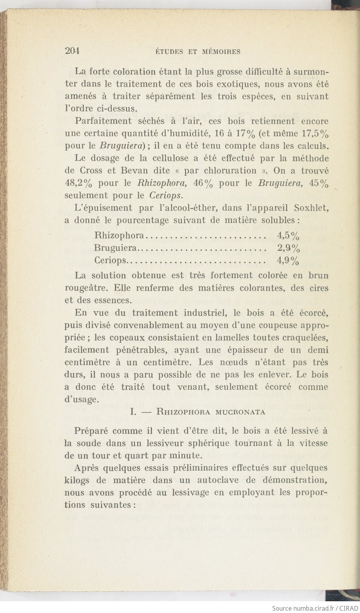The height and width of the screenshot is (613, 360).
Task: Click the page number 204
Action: click(x=72, y=50)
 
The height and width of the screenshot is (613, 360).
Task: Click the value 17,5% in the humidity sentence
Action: click(x=315, y=133)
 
